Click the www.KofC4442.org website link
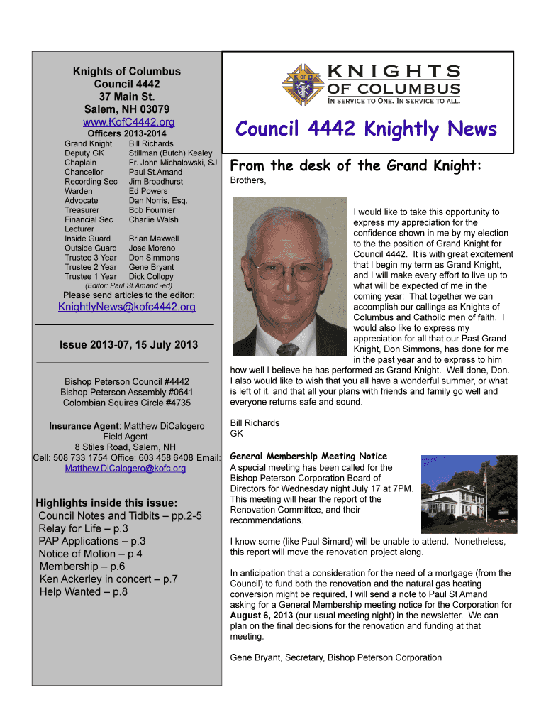(126, 122)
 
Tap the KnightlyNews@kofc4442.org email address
(126, 307)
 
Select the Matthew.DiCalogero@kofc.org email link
(126, 469)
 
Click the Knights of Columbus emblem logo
(301, 84)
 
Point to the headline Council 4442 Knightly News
(366, 129)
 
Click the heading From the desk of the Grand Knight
(356, 166)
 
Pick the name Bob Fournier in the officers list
(152, 210)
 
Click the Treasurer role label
(82, 210)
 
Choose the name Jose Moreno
(152, 248)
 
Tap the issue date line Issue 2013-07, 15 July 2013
(128, 345)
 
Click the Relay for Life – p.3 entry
(83, 528)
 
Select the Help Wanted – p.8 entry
(83, 591)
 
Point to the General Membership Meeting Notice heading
(308, 457)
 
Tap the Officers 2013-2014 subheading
(126, 133)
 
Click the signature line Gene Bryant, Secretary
(335, 657)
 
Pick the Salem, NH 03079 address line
(127, 109)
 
